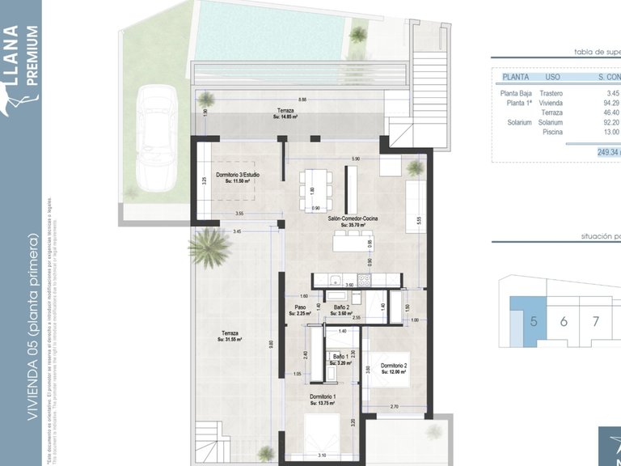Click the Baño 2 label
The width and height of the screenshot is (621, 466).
341,308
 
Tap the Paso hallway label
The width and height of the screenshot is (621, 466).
300,308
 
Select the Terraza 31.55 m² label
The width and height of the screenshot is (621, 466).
231,336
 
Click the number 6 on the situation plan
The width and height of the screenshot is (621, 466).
564,321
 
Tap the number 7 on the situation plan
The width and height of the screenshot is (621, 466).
596,321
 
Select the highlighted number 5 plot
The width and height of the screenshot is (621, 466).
533,321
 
